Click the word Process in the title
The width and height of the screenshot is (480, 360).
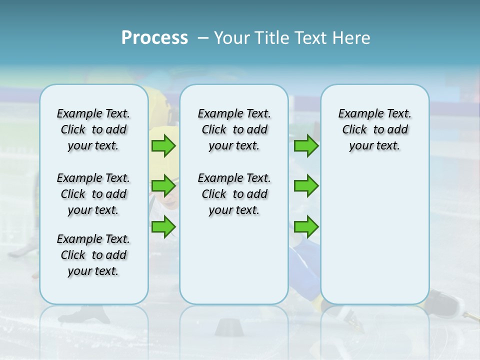click(154, 37)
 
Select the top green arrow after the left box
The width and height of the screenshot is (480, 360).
click(163, 146)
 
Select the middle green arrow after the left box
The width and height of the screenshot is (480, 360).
click(163, 186)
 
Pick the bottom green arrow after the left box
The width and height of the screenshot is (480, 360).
click(163, 226)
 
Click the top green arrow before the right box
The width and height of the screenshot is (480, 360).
click(306, 146)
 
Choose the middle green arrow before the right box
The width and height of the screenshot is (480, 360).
click(306, 186)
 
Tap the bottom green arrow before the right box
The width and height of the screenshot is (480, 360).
click(306, 226)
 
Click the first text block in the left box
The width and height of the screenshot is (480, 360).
click(93, 129)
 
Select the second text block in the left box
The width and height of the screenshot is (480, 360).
click(93, 194)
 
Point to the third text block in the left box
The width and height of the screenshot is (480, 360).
click(93, 255)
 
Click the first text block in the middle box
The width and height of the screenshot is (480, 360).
click(234, 129)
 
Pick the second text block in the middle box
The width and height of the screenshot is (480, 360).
click(234, 194)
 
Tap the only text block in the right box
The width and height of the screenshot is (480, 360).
click(374, 129)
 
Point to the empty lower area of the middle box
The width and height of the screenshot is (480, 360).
click(234, 260)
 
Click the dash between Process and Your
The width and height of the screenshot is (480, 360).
click(202, 37)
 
